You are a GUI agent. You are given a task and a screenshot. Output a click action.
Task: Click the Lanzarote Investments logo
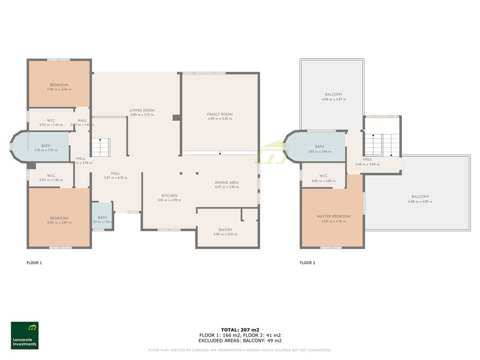point(25,335)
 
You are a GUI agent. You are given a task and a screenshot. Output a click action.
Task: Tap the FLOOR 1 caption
point(34,263)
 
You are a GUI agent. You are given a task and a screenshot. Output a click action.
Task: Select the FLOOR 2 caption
point(307,263)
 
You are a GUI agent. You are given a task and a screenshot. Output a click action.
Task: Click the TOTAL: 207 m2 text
point(240,330)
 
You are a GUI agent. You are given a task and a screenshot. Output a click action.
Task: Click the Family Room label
point(220,114)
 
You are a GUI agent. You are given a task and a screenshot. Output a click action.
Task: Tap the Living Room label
point(142,111)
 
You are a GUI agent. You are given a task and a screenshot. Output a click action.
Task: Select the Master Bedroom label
point(333,216)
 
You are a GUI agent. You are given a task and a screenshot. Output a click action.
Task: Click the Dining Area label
point(227,182)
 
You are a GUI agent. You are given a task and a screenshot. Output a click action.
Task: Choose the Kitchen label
point(169,195)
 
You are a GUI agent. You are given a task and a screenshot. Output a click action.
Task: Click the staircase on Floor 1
point(100,147)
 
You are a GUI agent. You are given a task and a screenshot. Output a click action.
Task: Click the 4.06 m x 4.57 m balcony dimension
point(333,99)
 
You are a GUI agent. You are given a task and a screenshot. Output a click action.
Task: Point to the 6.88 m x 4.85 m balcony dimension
point(420,202)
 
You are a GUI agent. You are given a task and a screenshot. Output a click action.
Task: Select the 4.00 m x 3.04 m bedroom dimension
point(59,89)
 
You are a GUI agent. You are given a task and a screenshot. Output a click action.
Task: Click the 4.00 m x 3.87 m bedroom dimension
point(59,223)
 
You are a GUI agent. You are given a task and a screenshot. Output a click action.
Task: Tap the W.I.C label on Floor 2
point(323,176)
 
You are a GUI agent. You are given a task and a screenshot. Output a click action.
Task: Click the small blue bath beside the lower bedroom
point(102,216)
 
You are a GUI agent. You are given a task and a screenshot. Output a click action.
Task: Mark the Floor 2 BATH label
point(319,147)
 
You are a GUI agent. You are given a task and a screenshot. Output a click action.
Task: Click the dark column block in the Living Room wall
point(176,118)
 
